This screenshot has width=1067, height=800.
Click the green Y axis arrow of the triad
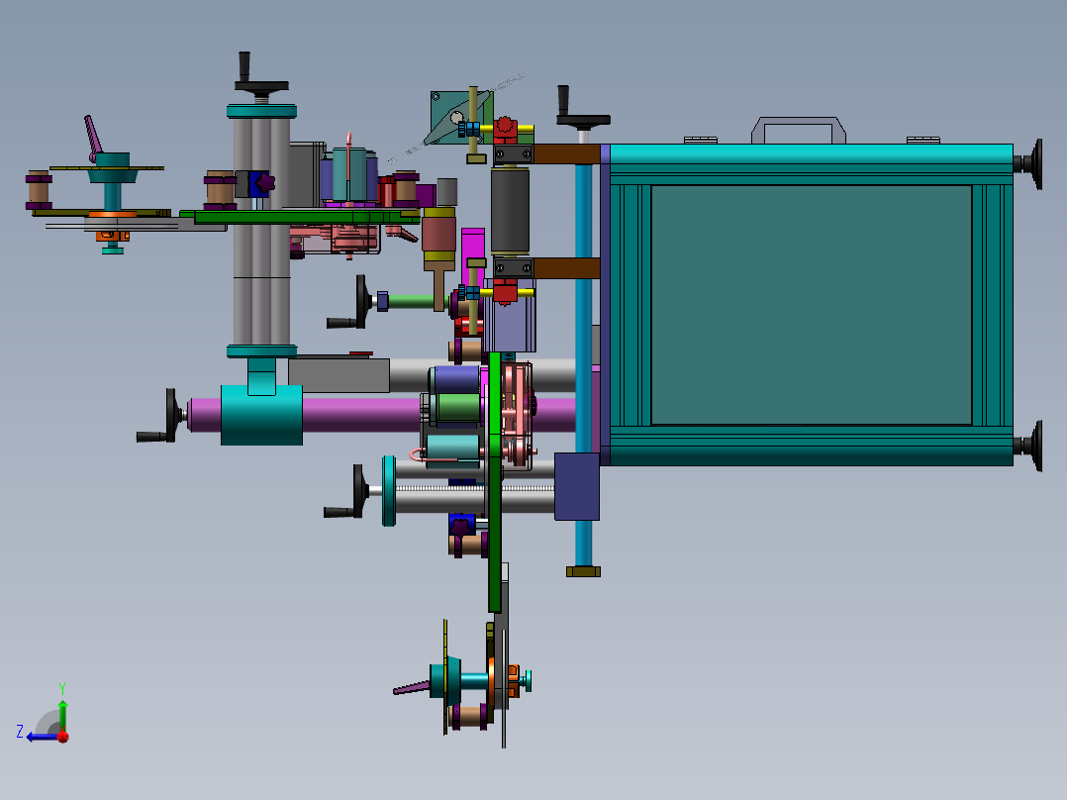click(62, 714)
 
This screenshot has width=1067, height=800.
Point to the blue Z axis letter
click(20, 732)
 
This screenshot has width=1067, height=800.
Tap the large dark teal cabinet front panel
click(812, 304)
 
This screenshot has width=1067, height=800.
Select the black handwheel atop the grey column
click(260, 75)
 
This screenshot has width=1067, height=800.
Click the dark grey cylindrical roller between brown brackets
click(511, 210)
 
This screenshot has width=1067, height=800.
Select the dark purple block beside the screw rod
click(576, 486)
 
